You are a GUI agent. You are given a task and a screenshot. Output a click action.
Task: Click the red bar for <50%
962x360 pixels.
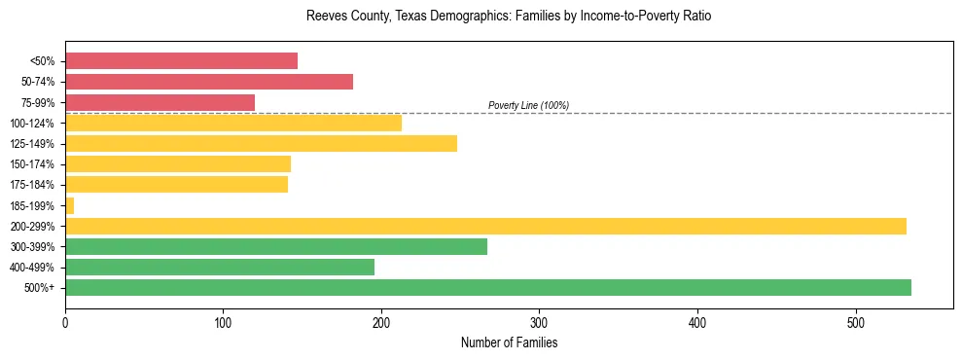(x=181, y=61)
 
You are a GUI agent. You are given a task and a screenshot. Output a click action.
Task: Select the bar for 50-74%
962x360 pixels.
(x=209, y=82)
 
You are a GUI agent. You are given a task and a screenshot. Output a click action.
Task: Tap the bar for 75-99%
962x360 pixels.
(x=160, y=102)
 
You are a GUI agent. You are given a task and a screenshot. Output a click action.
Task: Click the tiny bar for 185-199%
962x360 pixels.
(x=69, y=205)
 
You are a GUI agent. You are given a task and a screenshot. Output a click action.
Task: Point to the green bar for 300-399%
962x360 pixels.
(x=276, y=246)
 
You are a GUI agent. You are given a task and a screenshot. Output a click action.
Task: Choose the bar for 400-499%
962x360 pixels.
(x=220, y=267)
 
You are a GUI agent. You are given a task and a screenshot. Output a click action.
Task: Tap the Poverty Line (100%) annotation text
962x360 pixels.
(x=528, y=105)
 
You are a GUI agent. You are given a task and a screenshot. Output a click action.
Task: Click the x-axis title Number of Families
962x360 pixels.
(x=509, y=342)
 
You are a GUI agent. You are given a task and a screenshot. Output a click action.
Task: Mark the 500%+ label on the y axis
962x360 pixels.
(x=40, y=288)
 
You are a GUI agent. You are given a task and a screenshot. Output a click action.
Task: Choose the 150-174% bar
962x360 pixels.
(x=178, y=164)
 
